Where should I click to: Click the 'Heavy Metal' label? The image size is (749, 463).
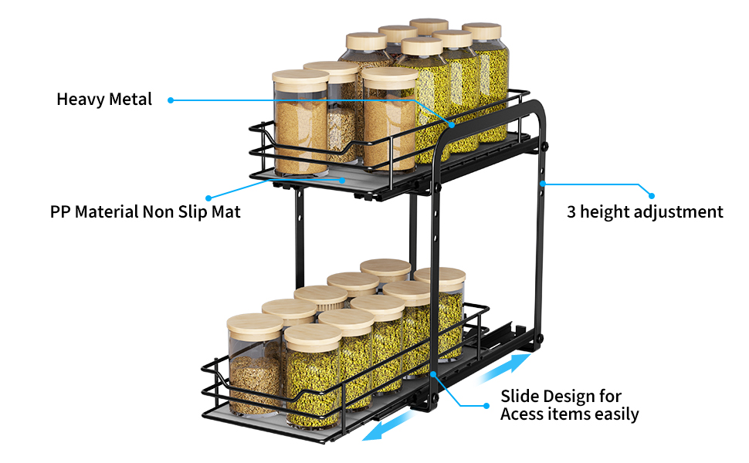(x=104, y=100)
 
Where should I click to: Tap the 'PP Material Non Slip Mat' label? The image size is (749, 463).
(x=145, y=211)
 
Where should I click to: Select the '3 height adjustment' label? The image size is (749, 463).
(x=645, y=211)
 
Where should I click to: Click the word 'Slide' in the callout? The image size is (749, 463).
(x=520, y=397)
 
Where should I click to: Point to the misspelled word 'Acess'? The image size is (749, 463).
(x=523, y=414)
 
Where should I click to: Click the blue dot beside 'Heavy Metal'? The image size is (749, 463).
(x=170, y=100)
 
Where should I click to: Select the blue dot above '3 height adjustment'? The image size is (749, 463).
(x=651, y=196)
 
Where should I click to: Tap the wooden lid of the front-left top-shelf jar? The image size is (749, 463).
(x=300, y=76)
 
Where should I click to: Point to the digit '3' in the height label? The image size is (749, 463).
(x=572, y=211)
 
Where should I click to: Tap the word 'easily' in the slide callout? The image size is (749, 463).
(x=615, y=414)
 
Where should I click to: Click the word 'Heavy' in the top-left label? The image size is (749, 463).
(x=79, y=100)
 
